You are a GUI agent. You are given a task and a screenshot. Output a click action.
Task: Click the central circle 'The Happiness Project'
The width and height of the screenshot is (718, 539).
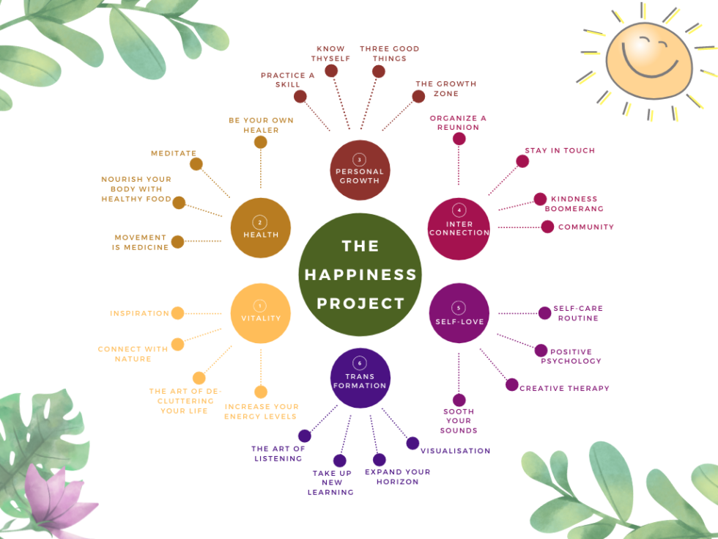tap(360, 274)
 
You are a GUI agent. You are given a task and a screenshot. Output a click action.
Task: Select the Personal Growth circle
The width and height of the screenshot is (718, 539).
tap(359, 170)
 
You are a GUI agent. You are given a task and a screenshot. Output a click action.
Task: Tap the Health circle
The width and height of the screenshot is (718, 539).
tap(261, 227)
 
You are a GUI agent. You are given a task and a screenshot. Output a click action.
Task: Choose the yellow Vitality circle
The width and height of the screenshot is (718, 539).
tap(260, 313)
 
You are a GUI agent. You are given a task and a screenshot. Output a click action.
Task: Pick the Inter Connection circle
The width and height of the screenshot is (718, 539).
tap(459, 228)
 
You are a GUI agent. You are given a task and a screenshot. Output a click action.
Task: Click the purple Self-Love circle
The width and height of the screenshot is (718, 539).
tap(459, 313)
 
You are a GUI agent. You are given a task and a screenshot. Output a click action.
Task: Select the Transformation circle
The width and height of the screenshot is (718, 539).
tap(360, 378)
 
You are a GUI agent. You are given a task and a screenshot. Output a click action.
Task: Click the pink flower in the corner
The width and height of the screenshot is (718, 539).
tap(54, 499)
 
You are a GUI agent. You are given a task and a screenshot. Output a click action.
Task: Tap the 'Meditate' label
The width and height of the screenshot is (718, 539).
tap(174, 153)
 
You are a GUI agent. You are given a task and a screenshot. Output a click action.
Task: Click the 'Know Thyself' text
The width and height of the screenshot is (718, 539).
tap(331, 54)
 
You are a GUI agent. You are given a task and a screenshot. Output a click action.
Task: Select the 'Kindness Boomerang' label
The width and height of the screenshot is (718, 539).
tap(574, 204)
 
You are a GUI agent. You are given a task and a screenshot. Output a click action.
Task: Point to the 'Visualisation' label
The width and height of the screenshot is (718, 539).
tap(455, 451)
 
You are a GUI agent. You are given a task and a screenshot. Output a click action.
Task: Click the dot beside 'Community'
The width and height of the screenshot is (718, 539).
tap(547, 227)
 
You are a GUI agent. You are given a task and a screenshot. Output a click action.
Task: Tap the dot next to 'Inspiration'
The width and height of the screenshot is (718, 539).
tap(177, 313)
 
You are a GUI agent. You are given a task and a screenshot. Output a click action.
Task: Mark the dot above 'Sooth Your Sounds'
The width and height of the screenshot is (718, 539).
tap(459, 400)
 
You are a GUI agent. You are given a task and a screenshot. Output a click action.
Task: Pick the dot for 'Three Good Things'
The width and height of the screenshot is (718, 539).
tap(378, 71)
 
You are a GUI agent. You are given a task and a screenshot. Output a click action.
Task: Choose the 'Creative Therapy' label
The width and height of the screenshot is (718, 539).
tap(564, 389)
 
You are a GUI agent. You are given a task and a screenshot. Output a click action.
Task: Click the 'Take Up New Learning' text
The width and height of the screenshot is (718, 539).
tap(333, 483)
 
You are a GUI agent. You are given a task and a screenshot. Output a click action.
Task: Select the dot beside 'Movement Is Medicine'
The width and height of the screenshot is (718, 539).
tap(177, 242)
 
